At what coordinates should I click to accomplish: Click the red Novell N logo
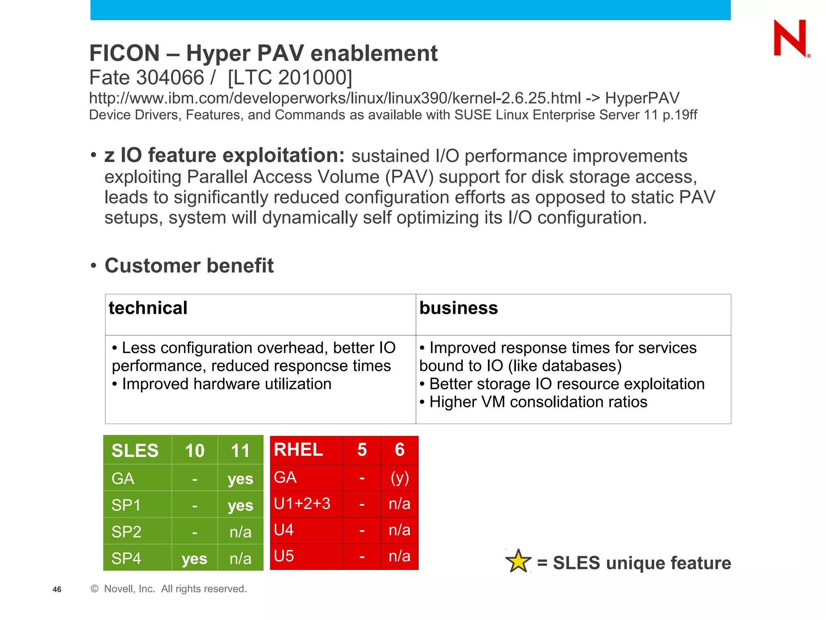790,39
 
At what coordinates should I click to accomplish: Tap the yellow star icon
518,561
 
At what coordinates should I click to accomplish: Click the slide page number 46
57,590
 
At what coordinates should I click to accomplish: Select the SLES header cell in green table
135,451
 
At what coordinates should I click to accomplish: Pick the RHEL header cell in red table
298,450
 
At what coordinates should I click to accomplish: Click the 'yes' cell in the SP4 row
194,559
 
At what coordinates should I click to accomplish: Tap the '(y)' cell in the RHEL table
400,478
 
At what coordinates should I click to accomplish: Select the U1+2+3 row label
302,504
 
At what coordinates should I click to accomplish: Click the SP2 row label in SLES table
126,532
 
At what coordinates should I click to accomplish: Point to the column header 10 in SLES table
194,451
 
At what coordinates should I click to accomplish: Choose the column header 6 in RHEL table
399,450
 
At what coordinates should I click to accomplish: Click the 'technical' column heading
148,308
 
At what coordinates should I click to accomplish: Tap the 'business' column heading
459,308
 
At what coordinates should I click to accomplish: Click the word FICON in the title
125,53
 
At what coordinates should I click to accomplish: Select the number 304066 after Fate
170,77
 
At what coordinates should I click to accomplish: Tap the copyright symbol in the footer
94,589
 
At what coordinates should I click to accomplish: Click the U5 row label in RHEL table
284,556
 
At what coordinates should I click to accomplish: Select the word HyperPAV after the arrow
642,98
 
